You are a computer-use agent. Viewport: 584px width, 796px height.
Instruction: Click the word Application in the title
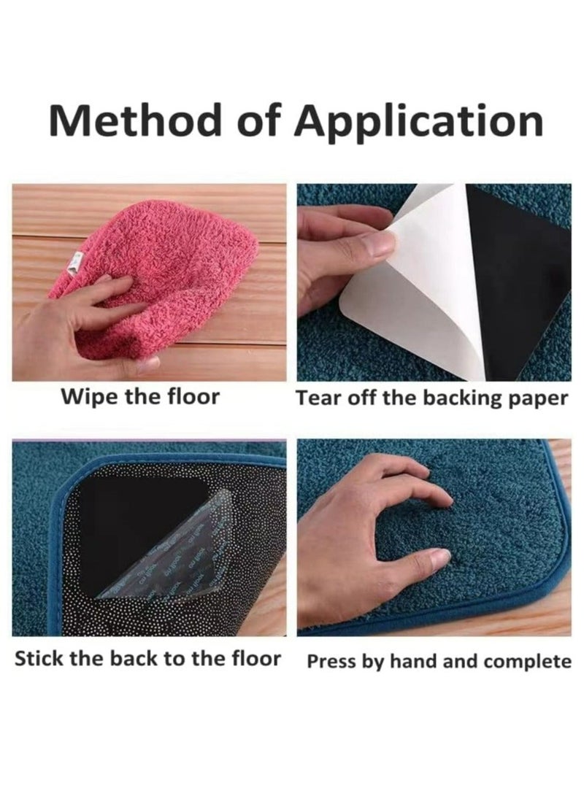tap(418, 120)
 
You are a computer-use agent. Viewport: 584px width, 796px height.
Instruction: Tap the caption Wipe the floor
tap(140, 398)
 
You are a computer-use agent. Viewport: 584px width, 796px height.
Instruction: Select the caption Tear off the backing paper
tap(431, 398)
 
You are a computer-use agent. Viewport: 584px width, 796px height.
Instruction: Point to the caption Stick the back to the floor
tap(147, 658)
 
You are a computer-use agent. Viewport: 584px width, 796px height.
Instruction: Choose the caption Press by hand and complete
tap(439, 662)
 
